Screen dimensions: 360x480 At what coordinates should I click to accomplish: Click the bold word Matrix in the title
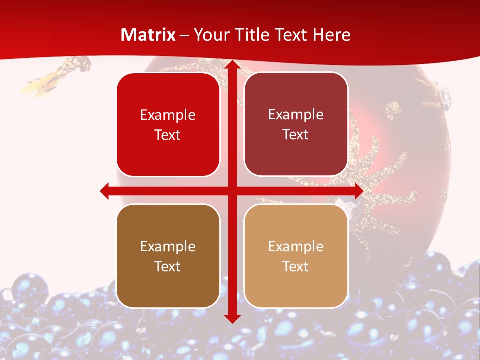click(x=148, y=35)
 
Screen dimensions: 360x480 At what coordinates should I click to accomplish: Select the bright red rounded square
click(x=168, y=125)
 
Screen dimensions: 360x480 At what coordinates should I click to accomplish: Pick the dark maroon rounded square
click(x=296, y=124)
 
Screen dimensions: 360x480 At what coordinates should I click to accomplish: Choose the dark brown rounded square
click(x=168, y=256)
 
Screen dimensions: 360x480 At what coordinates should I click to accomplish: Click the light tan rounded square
click(x=296, y=256)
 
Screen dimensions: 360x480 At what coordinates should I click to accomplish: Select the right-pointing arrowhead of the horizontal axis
click(x=358, y=191)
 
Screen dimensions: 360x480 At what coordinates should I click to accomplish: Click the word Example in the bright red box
click(x=168, y=115)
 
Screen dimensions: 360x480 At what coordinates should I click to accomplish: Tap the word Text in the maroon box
click(x=296, y=135)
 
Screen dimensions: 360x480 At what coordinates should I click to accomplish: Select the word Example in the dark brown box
click(x=168, y=246)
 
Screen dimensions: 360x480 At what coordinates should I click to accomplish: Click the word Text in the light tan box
click(x=296, y=266)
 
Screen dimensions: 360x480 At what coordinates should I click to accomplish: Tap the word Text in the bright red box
click(x=168, y=135)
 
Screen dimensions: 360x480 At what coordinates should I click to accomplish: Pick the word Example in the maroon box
click(x=296, y=115)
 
